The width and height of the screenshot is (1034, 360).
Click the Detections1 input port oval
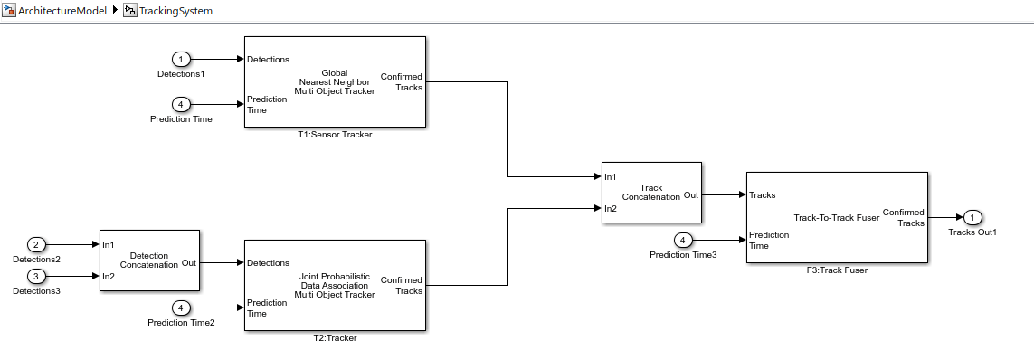(181, 60)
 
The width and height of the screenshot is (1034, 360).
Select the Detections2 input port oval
(36, 245)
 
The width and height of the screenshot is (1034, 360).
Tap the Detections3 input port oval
(36, 276)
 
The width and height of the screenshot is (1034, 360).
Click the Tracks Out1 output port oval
(972, 218)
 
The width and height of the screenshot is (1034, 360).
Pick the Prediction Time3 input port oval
(683, 241)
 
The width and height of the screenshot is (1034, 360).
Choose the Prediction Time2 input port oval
(181, 308)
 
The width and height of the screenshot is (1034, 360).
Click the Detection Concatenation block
(149, 261)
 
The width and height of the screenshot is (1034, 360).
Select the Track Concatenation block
(651, 193)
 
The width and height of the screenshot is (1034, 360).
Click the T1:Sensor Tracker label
(335, 135)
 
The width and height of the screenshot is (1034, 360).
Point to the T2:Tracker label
(335, 339)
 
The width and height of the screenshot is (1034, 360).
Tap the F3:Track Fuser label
(837, 270)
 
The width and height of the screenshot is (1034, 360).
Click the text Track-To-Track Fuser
(837, 218)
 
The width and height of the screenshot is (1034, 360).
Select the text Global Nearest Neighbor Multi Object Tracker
(335, 81)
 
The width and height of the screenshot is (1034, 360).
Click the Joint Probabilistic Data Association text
(335, 281)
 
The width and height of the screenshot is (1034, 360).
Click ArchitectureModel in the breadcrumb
(62, 11)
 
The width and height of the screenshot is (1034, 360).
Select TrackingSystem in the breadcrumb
(176, 11)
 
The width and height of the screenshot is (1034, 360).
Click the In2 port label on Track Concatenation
(611, 208)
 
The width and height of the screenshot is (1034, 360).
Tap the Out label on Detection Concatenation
(188, 263)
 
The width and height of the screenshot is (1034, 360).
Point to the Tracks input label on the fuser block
(763, 195)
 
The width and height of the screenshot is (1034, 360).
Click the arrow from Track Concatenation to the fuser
(724, 195)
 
